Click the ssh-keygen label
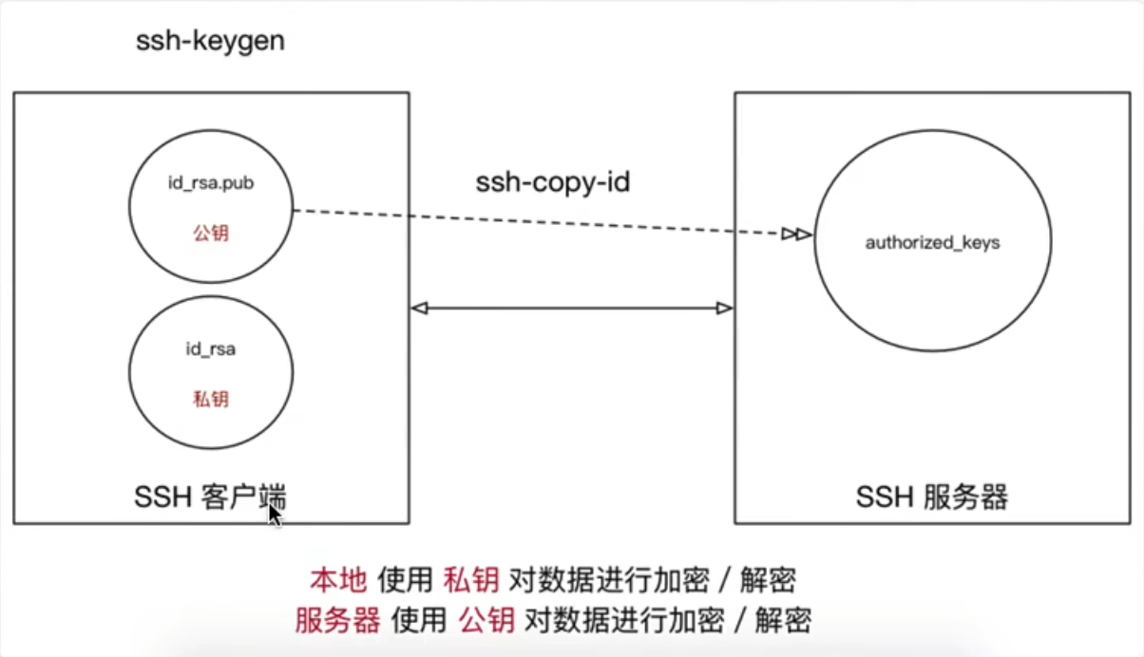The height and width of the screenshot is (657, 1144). (210, 42)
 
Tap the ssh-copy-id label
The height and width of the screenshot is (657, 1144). (552, 182)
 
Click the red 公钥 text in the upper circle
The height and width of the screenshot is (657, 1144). (211, 233)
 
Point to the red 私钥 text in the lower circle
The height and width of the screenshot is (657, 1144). (211, 399)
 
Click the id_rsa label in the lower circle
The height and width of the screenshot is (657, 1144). (211, 349)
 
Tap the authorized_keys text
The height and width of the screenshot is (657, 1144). (932, 243)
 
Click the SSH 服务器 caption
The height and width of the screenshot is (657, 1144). (932, 497)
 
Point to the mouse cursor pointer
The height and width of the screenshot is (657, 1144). (274, 514)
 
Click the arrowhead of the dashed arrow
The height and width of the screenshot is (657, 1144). (797, 235)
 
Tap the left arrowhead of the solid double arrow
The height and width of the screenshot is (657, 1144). (418, 308)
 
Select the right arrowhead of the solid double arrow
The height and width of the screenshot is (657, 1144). (724, 308)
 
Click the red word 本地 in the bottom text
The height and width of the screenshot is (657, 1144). (337, 579)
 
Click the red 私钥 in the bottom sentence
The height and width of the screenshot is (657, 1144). (471, 579)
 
